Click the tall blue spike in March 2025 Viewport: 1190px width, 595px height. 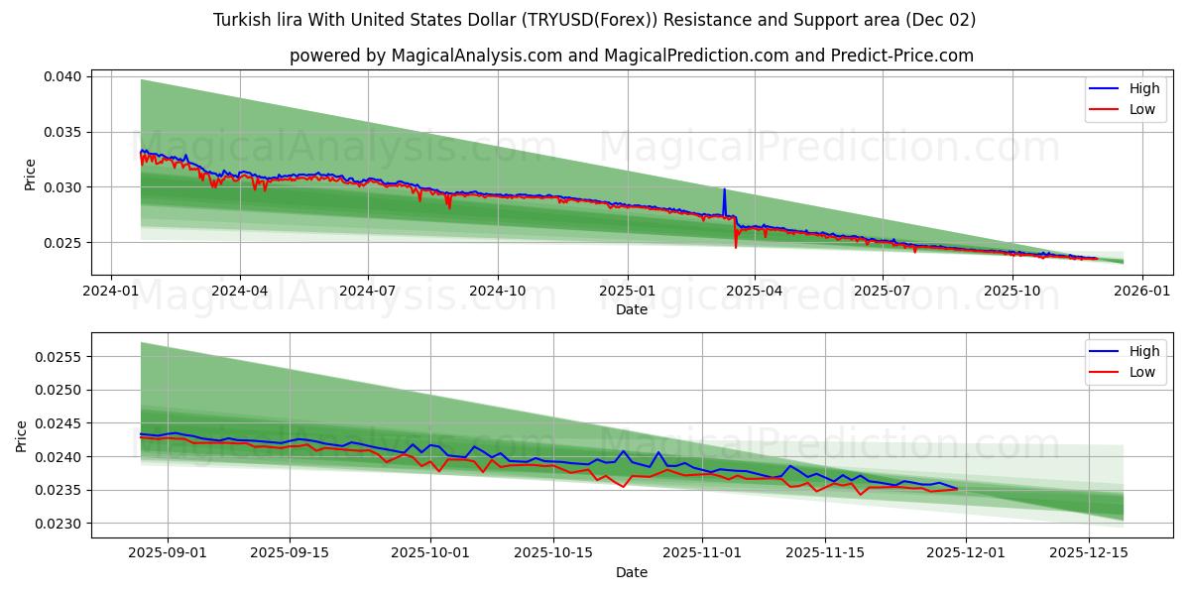click(x=724, y=190)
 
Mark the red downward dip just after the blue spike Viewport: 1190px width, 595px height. click(x=736, y=246)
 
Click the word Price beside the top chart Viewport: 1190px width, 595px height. click(x=31, y=175)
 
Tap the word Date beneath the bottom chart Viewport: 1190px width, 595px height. click(x=631, y=572)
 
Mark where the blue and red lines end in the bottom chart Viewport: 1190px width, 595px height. click(x=957, y=488)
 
